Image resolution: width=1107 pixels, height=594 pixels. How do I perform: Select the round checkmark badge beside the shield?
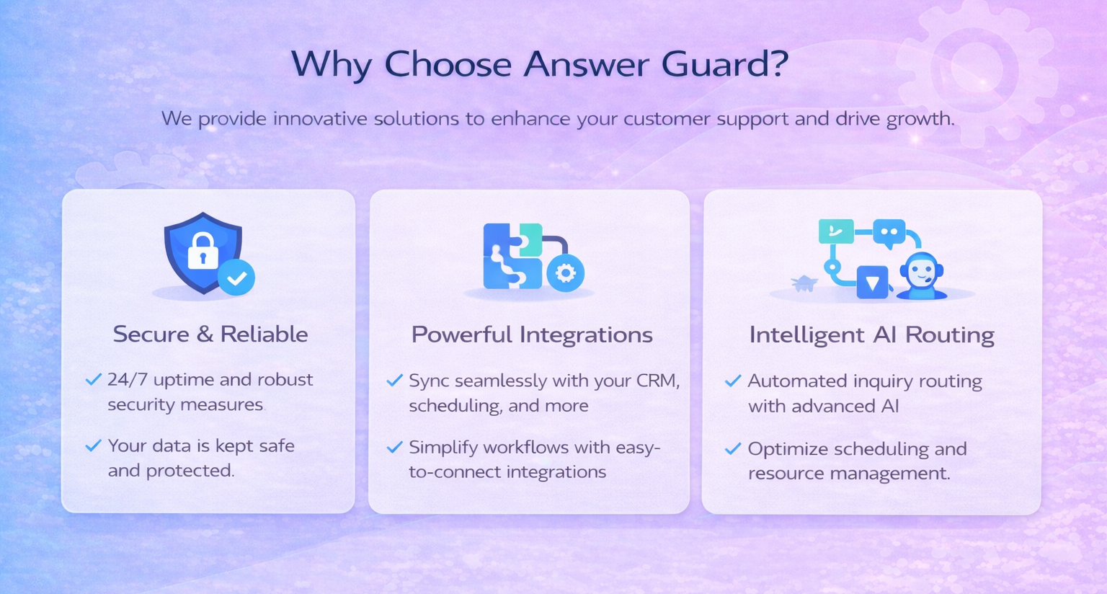coord(236,278)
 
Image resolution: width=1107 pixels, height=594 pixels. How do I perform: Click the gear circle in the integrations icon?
coord(565,272)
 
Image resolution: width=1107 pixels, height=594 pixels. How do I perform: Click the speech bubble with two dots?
coord(889,233)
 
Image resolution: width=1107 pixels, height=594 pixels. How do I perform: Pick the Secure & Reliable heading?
coord(210,334)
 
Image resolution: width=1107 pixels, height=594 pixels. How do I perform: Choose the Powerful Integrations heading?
coord(532,335)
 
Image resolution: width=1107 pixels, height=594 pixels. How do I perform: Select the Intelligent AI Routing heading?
coord(872,335)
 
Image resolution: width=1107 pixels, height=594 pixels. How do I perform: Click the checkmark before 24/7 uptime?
coord(94,379)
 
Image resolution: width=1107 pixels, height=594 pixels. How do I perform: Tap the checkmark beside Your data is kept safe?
coord(94,445)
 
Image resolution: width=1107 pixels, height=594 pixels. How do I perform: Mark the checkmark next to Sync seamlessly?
coord(394,380)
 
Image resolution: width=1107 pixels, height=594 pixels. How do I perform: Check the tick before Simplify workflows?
coord(394,447)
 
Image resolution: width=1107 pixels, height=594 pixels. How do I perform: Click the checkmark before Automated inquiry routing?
coord(733,381)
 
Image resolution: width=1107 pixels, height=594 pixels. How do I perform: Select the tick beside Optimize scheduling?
coord(733,448)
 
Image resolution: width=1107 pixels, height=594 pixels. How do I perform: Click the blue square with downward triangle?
coord(872,282)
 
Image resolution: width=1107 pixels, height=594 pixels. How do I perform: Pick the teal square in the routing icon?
coord(836,231)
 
